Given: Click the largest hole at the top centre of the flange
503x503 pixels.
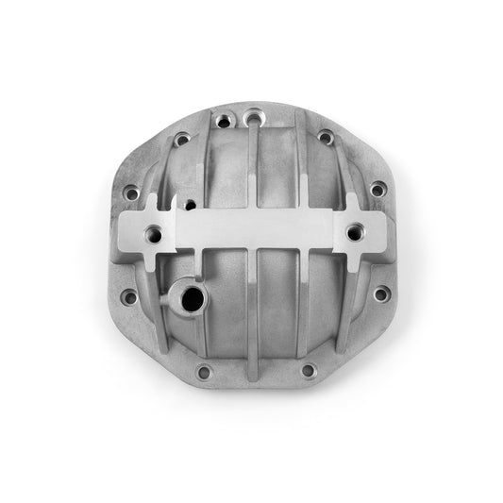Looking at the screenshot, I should (252, 119).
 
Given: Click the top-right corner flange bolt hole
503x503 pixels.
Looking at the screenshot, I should (326, 138).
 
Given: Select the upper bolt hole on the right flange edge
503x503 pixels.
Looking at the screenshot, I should (377, 190).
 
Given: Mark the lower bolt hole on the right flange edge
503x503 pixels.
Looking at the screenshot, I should (379, 294).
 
